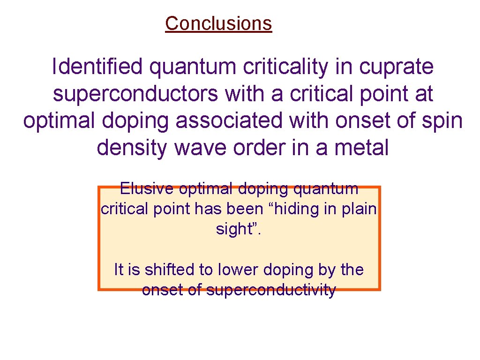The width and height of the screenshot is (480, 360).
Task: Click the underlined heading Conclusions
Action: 218,23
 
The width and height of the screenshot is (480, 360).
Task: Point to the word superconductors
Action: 136,94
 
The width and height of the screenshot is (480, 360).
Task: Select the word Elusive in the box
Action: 147,189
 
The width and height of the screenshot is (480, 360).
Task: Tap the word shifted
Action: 165,270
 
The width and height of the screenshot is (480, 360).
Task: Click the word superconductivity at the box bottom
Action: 271,290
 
